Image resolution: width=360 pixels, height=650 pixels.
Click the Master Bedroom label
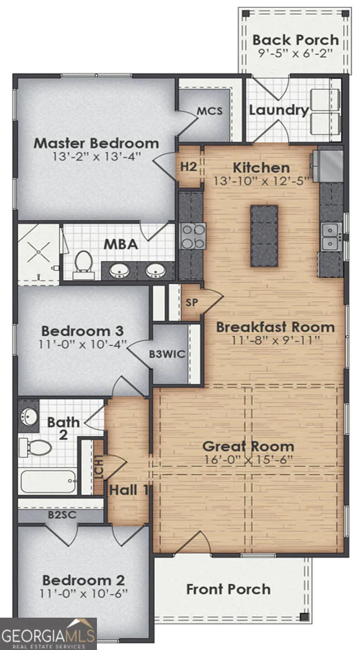tap(96, 143)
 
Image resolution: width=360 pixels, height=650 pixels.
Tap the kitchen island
tap(264, 235)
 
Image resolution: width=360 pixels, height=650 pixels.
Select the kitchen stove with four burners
tap(193, 236)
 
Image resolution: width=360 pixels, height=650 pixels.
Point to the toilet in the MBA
tap(83, 265)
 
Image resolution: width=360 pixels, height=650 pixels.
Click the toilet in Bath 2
tap(36, 448)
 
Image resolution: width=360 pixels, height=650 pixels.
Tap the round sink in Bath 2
tap(28, 415)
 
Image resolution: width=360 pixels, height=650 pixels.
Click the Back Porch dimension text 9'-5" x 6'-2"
tap(295, 54)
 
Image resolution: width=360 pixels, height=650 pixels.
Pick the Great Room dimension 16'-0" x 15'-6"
tap(248, 460)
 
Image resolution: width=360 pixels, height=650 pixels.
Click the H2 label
tap(188, 167)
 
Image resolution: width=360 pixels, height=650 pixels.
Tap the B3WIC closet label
tap(167, 355)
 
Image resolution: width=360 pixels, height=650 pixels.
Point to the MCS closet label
tap(210, 111)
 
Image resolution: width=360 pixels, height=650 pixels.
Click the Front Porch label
tap(228, 589)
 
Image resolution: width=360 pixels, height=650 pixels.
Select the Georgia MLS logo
tap(48, 634)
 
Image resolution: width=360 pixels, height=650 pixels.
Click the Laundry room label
tap(279, 110)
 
